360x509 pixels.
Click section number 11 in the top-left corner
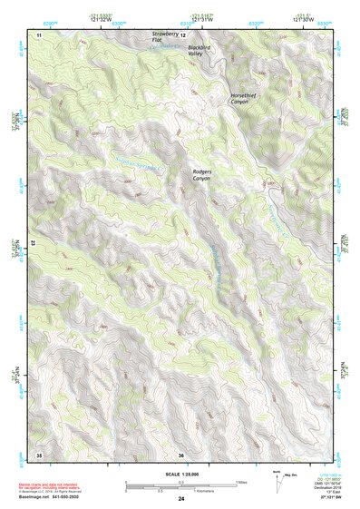(x=39, y=34)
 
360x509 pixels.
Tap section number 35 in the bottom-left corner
(x=39, y=454)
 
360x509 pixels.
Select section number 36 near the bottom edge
(x=181, y=454)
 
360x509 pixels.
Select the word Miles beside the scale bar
(x=239, y=481)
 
